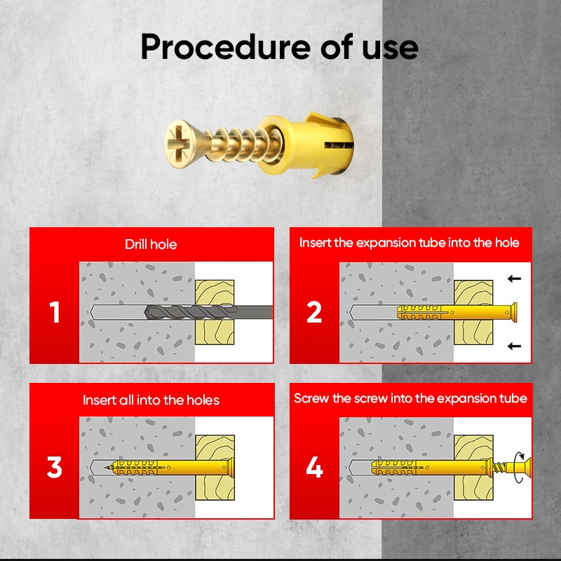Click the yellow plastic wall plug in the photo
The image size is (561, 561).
point(306,144)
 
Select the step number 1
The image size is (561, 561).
point(55,312)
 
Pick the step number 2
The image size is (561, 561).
point(314,312)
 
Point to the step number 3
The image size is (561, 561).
point(55,467)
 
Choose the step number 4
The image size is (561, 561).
point(314,467)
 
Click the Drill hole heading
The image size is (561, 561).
point(151,244)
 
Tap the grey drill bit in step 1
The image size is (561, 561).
point(208,312)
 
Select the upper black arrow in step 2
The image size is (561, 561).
point(514,278)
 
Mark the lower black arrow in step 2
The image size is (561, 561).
point(514,346)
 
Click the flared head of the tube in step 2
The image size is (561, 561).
point(513,312)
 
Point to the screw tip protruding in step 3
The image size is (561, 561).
point(109,467)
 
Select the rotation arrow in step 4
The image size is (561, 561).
point(518,467)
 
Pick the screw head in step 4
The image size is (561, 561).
point(525,467)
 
